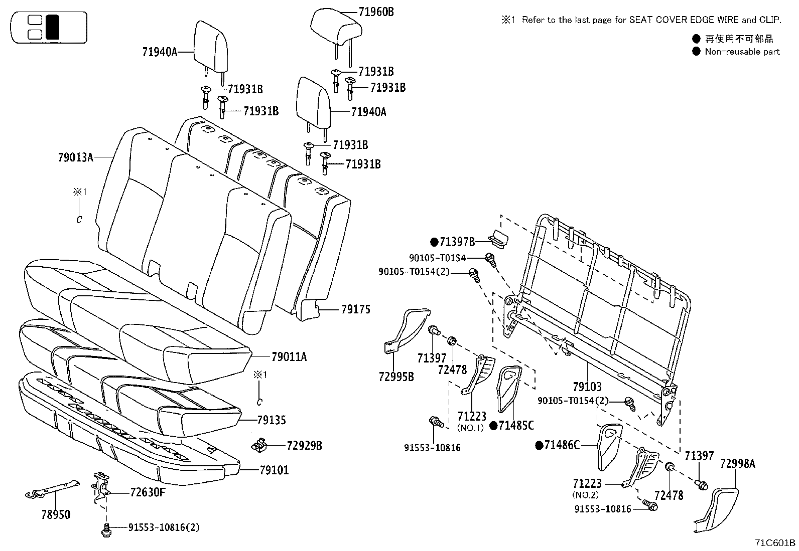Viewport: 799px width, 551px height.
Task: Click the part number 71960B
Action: click(x=376, y=12)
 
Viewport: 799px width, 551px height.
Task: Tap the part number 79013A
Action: click(x=75, y=157)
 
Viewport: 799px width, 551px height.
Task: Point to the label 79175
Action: click(x=355, y=309)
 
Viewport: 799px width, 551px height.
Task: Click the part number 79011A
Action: click(x=289, y=357)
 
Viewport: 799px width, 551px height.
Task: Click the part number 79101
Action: click(x=274, y=470)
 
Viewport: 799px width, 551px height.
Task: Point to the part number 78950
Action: click(x=56, y=514)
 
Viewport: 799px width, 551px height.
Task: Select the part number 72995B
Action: click(x=396, y=376)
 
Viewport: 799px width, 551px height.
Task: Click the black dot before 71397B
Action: click(x=434, y=242)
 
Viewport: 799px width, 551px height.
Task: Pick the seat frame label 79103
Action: click(x=587, y=387)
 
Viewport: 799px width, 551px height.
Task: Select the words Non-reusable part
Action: click(x=742, y=51)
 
